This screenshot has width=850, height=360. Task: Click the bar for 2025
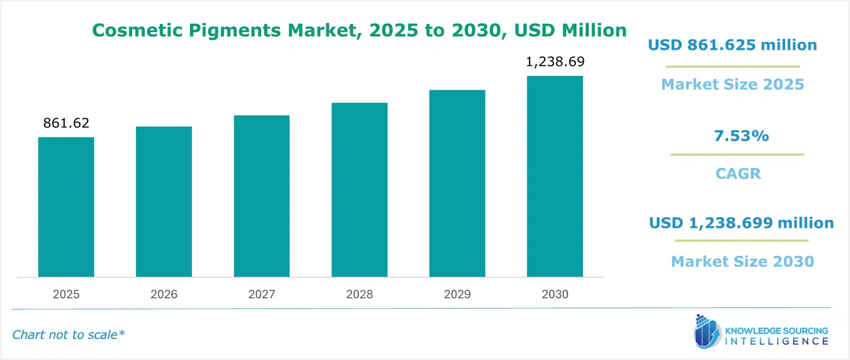(x=66, y=207)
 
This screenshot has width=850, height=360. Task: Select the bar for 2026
(x=164, y=201)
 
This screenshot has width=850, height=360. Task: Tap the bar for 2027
(x=262, y=196)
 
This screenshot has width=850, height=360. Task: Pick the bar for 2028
(x=359, y=190)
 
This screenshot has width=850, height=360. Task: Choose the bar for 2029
(x=457, y=183)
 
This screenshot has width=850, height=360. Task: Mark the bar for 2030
(x=555, y=176)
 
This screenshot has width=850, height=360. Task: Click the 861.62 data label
(x=66, y=123)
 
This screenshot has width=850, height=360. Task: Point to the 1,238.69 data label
(x=555, y=61)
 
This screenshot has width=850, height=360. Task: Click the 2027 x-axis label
(x=262, y=294)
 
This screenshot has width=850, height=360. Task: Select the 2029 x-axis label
(x=457, y=294)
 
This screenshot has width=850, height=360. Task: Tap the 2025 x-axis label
(x=66, y=294)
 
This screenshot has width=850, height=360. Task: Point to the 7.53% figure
(x=741, y=136)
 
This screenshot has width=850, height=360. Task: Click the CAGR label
(x=738, y=174)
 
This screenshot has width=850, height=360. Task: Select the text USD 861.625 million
(x=732, y=45)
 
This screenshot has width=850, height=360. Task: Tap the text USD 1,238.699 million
(x=741, y=223)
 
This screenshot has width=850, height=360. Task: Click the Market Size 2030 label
(x=742, y=262)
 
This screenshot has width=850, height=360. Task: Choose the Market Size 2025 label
(x=732, y=84)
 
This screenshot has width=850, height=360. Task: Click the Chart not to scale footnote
(x=68, y=335)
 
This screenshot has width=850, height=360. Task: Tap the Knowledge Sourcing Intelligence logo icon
(x=707, y=332)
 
